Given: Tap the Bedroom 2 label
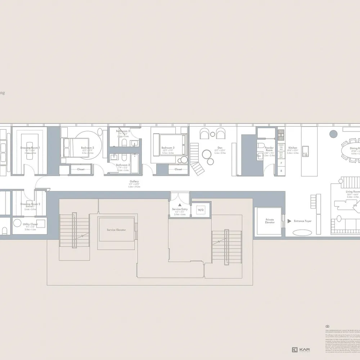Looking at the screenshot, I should coord(87,148).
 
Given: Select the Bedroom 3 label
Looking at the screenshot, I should coord(168,148).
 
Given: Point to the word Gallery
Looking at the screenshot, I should coord(135,181).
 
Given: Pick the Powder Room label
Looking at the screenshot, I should coord(269,149).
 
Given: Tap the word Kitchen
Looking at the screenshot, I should coord(293,148).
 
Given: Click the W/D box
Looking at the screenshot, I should coord(200,210).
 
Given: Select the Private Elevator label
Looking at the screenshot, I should coord(270,221).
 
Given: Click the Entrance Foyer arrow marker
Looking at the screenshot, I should coord(289,221).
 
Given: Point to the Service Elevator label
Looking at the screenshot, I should coord(116,230).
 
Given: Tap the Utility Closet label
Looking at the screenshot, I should coord(30,224).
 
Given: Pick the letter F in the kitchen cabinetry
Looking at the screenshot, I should coord(281,163).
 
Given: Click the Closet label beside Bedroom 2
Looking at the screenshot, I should coord(81,169).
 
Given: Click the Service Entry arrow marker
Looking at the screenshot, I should coord(179,204).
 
